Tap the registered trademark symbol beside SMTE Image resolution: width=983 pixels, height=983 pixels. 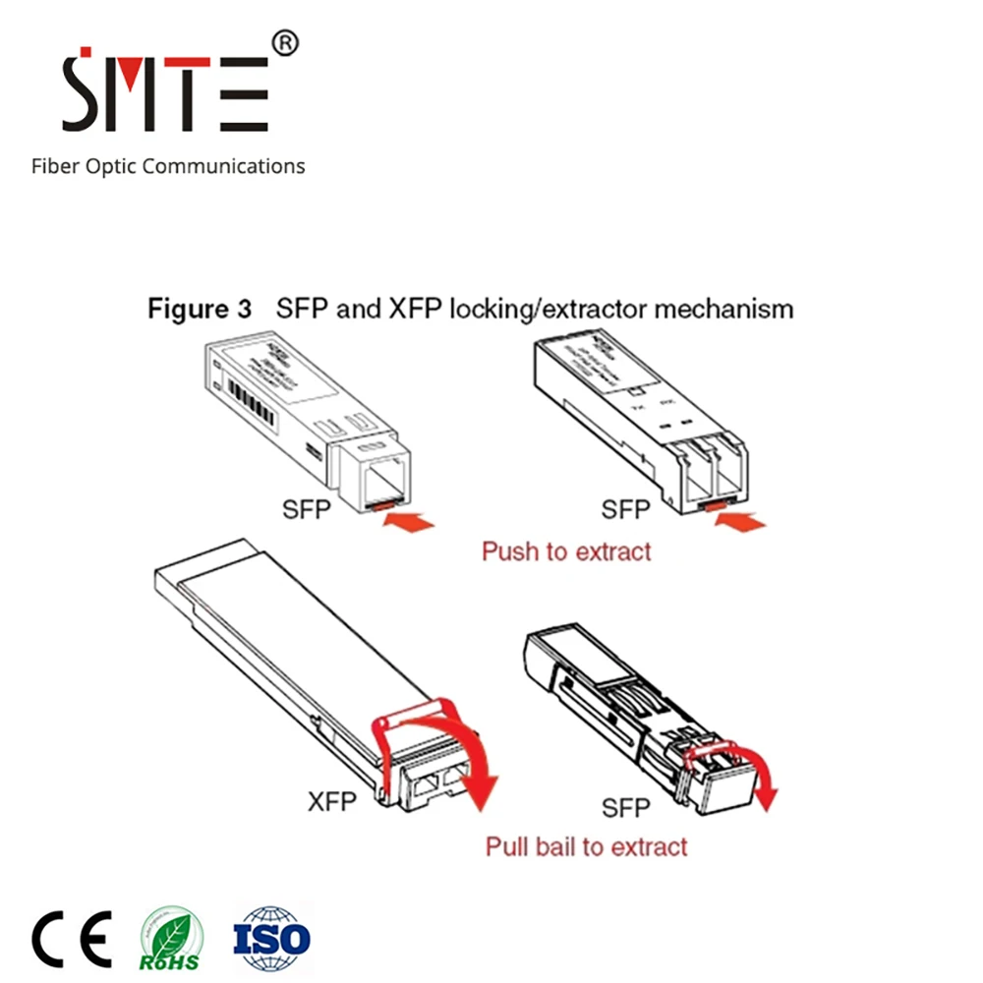[x=284, y=44]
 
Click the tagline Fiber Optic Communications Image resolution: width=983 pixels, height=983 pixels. [x=168, y=165]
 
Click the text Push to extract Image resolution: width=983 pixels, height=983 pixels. [x=566, y=551]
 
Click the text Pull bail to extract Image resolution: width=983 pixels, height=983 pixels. [x=587, y=846]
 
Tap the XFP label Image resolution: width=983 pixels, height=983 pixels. [x=333, y=802]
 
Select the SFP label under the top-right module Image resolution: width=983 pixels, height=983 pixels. [x=626, y=509]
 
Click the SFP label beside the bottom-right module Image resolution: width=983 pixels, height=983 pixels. [x=626, y=808]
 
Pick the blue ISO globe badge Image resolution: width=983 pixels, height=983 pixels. [x=271, y=939]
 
